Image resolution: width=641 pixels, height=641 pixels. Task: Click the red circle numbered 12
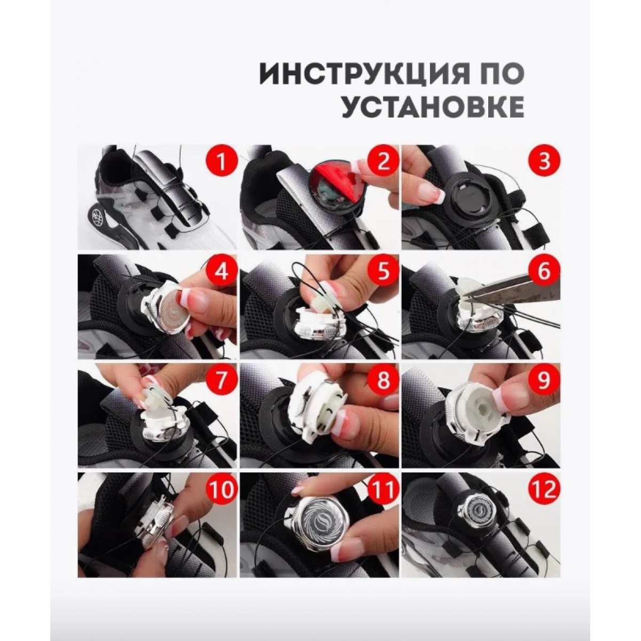(x=544, y=489)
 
